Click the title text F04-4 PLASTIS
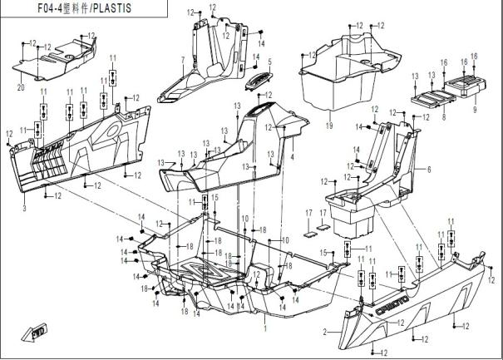pos(79,8)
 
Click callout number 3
pos(24,208)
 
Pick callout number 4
pos(292,156)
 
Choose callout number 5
pos(269,62)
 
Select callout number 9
pos(476,108)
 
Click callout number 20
pos(20,86)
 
